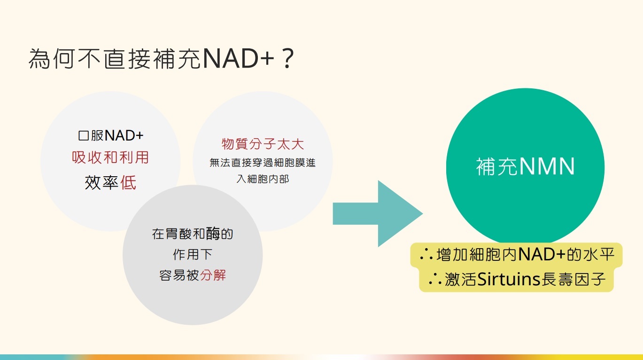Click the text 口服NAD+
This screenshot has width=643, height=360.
pos(110,136)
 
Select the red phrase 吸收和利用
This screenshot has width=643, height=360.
pos(110,157)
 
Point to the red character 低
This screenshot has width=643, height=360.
pos(129,182)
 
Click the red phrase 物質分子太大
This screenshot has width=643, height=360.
pos(263,144)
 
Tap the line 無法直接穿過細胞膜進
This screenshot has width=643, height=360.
pos(263,163)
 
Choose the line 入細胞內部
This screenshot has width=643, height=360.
pos(263,180)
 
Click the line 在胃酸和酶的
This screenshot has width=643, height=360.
pos(193,234)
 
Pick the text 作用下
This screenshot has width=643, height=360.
pos(193,255)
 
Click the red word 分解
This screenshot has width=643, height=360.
pos(213,275)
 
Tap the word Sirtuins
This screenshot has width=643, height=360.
pos(502,280)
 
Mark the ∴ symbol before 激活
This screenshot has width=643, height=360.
pos(435,280)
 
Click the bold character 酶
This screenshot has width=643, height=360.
pos(213,234)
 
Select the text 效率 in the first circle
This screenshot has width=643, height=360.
pos(101,182)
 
